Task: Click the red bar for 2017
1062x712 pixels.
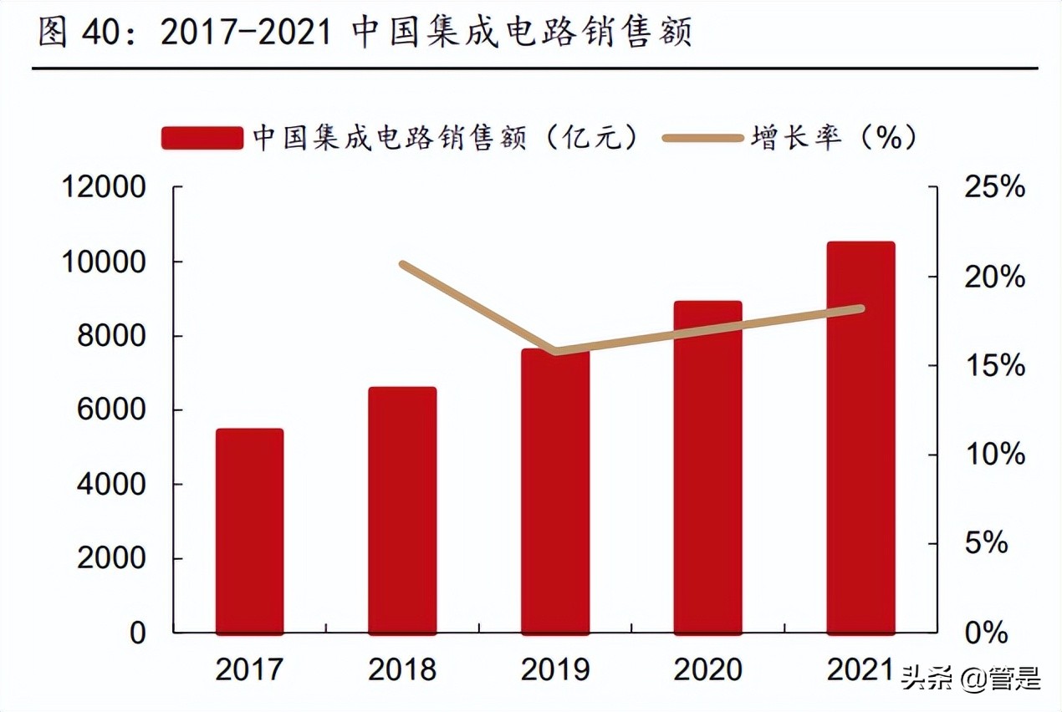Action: (x=249, y=531)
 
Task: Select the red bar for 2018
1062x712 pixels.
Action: (x=402, y=510)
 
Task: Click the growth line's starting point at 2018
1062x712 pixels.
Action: (x=403, y=265)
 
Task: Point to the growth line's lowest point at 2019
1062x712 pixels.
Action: (x=556, y=351)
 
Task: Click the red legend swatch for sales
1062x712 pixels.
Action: (x=202, y=138)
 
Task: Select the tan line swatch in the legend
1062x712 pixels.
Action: (x=702, y=138)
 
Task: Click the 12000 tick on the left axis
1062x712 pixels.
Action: (x=105, y=188)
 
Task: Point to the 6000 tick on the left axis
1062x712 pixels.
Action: (x=112, y=410)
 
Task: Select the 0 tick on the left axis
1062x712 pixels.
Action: (x=137, y=633)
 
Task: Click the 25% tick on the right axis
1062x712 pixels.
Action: (x=994, y=188)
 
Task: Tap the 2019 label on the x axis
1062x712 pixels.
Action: (x=555, y=669)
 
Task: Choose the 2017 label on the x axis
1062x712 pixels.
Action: (x=249, y=669)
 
